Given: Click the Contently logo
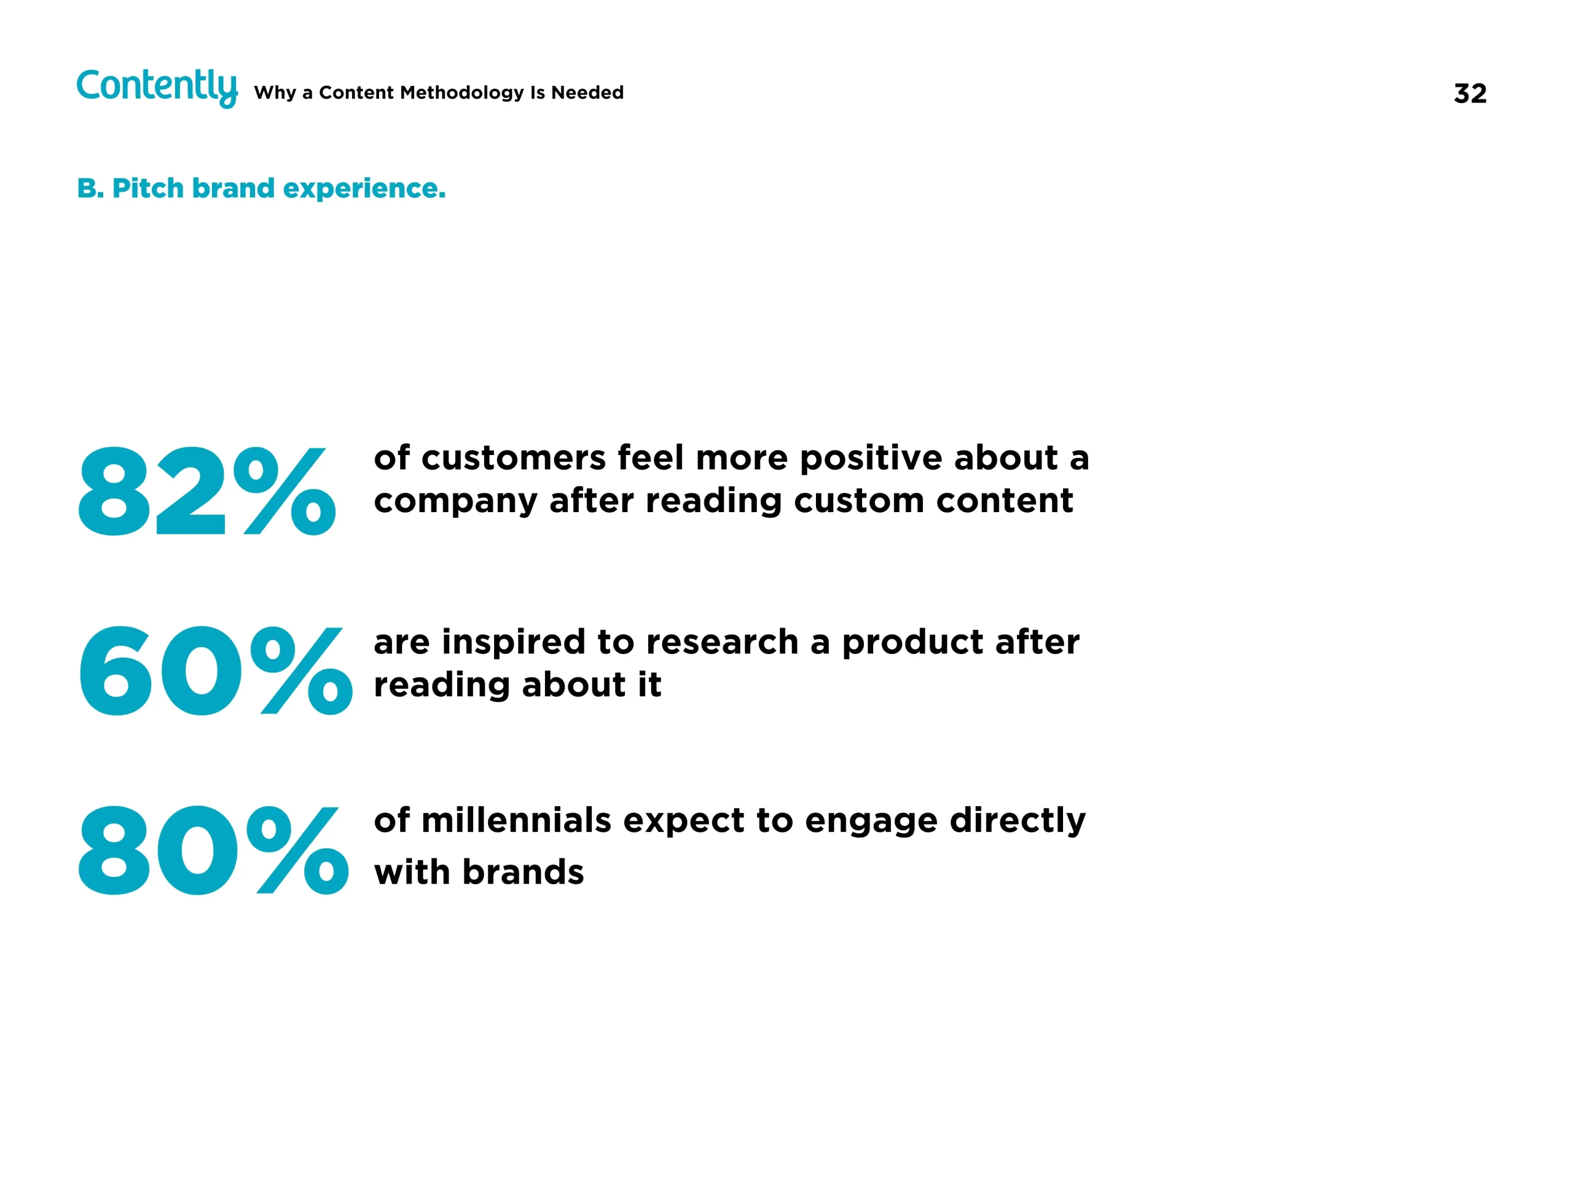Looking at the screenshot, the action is pos(157,88).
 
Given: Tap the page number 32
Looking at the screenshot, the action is pos(1470,94).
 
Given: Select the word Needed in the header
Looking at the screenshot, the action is pos(587,92).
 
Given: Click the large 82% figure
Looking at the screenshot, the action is pos(206,491).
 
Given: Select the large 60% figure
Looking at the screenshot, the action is pos(216,670).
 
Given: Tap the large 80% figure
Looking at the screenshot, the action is pos(213,850).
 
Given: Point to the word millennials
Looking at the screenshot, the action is pos(516,820).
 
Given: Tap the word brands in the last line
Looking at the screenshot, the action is pos(523,872).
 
